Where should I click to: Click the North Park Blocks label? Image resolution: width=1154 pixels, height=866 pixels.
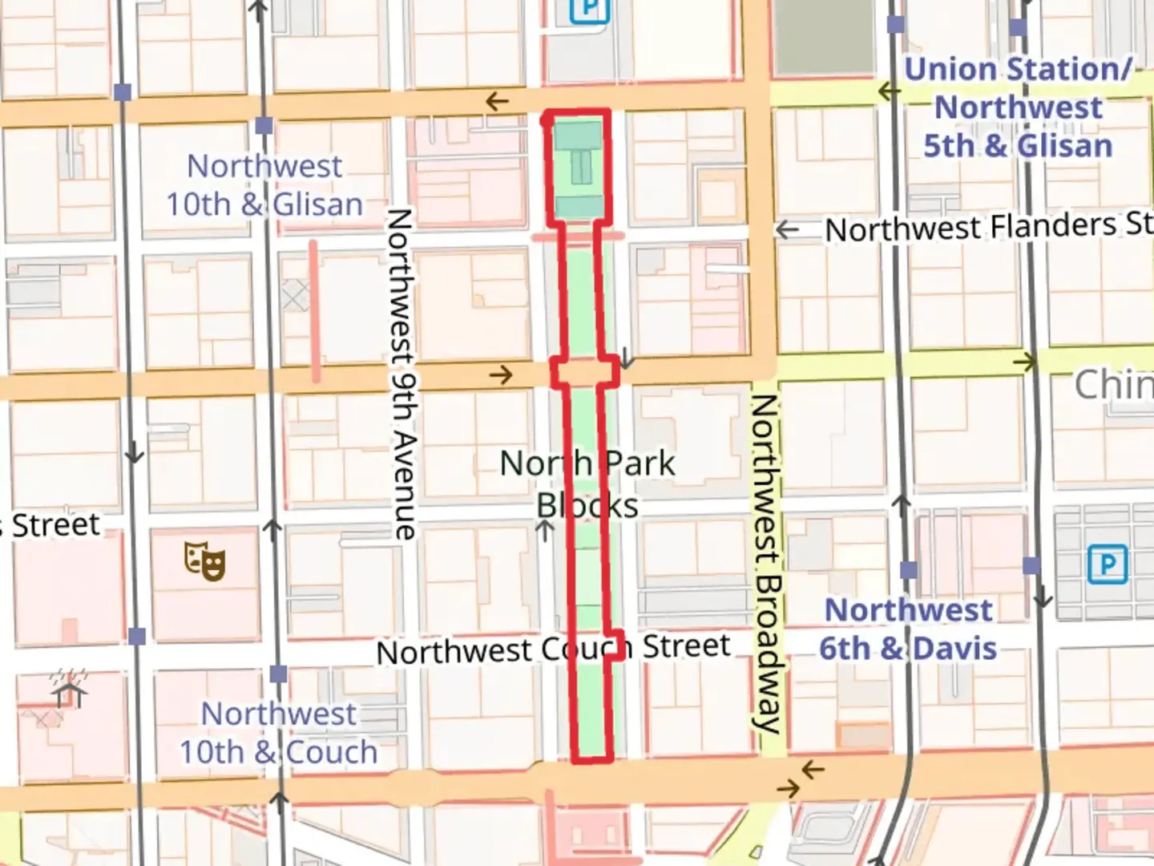coord(587,484)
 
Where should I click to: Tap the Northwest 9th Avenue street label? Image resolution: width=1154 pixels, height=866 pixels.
coord(401,374)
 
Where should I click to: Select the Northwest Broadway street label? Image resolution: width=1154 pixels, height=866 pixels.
coord(766,563)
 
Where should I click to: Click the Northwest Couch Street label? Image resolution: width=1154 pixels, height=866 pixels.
coord(554,649)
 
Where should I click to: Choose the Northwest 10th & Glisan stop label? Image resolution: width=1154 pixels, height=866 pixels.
coord(264,185)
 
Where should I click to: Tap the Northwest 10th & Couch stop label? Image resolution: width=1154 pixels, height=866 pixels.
coord(278,733)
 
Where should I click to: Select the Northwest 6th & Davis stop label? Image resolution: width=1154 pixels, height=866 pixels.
coord(908,629)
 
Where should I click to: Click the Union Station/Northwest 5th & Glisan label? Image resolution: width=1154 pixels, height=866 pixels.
coord(1018,107)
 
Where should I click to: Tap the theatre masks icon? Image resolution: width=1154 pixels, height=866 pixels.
coord(204,560)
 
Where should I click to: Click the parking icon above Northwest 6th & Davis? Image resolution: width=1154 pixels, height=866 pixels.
coord(1108,565)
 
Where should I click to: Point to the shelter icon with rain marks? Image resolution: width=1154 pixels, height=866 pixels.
coord(70,689)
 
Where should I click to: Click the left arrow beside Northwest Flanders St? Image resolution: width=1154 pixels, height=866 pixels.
coord(788,230)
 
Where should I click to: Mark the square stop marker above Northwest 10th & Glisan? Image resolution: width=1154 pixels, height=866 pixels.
coord(264,126)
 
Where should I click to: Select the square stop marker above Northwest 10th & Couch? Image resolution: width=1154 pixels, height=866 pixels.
coord(278,674)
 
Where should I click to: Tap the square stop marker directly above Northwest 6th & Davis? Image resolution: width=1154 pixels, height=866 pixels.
coord(908,570)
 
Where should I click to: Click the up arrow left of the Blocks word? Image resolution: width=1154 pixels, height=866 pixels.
coord(545,530)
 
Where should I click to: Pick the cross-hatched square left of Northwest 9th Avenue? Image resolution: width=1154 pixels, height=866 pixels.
coord(295,296)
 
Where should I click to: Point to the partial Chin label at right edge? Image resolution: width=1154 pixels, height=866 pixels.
coord(1113,385)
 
